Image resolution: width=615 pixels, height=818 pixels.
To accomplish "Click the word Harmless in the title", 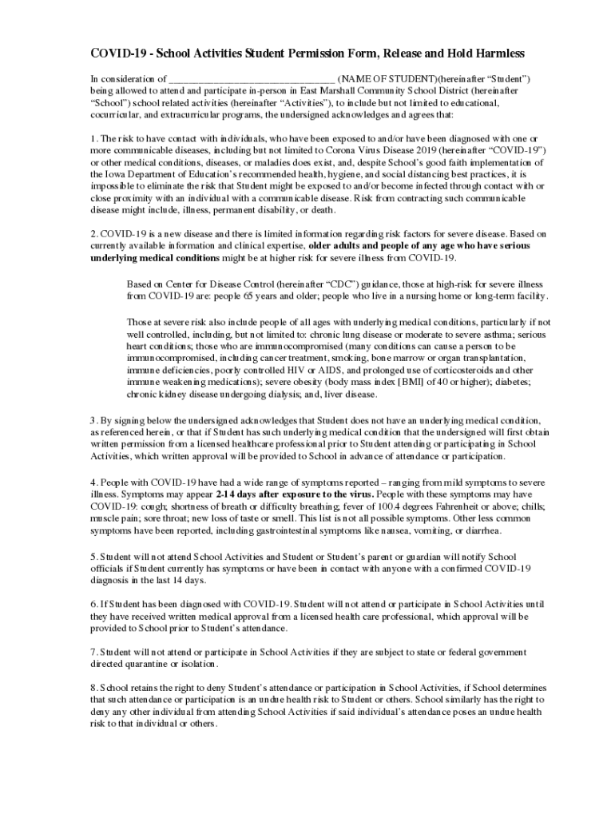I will (x=498, y=54).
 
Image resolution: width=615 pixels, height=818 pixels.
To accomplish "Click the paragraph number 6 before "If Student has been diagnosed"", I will (x=93, y=605).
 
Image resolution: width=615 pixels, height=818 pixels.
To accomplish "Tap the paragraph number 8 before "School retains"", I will (x=93, y=688).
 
